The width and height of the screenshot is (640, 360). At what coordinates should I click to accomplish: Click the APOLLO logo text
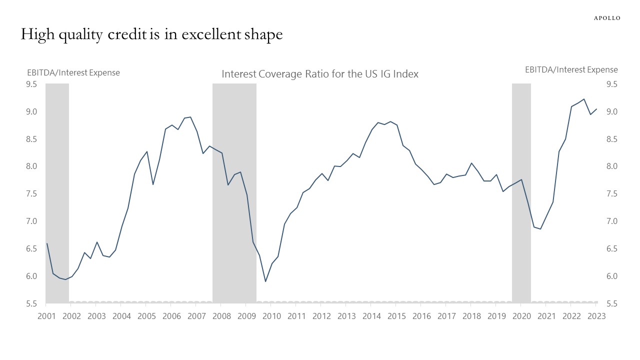pyautogui.click(x=607, y=18)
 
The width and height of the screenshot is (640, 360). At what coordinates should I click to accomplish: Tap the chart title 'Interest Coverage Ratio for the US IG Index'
pyautogui.click(x=320, y=74)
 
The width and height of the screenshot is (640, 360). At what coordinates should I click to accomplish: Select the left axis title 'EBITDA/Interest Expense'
pyautogui.click(x=73, y=72)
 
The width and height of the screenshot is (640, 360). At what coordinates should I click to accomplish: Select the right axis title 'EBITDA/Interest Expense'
pyautogui.click(x=571, y=69)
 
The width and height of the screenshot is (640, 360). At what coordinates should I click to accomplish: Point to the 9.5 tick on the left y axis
pyautogui.click(x=31, y=84)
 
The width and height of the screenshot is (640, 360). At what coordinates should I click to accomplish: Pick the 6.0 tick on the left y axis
pyautogui.click(x=31, y=276)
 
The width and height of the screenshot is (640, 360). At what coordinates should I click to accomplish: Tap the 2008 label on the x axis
pyautogui.click(x=221, y=316)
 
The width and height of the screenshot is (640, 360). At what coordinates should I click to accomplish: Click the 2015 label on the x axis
pyautogui.click(x=396, y=316)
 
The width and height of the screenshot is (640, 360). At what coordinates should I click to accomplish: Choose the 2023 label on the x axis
pyautogui.click(x=596, y=316)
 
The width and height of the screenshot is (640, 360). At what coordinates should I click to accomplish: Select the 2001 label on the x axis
pyautogui.click(x=46, y=316)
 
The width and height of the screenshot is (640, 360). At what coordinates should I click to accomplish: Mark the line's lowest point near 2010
pyautogui.click(x=265, y=281)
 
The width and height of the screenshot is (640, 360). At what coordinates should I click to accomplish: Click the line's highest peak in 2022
pyautogui.click(x=584, y=99)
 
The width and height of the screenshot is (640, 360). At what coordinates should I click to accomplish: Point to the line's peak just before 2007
pyautogui.click(x=190, y=117)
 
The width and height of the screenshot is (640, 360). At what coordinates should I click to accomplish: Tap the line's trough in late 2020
pyautogui.click(x=540, y=229)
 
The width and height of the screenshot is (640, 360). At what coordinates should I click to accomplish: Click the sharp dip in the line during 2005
pyautogui.click(x=153, y=184)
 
